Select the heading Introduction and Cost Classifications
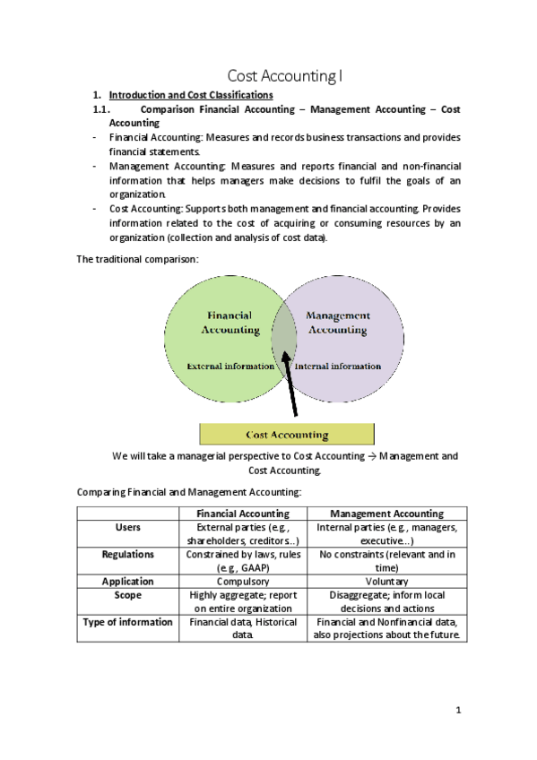191,94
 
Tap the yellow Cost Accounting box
287,435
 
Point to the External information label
230,366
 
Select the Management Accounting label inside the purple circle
338,323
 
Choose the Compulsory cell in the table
243,581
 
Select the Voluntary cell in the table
386,581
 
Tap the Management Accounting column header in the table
386,514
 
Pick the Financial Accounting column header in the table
243,514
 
